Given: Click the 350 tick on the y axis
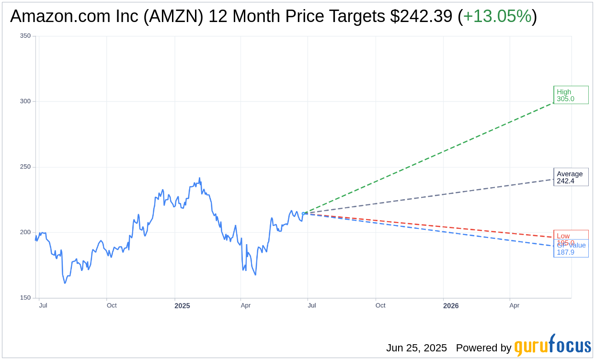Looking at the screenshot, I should click(25, 36).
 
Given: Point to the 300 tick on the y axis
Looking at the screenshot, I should click(25, 101).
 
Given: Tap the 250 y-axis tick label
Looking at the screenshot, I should click(25, 167).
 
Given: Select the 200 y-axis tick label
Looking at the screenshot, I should click(25, 233).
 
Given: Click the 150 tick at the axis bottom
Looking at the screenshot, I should click(25, 298).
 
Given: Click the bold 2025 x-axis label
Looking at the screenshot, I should click(182, 306).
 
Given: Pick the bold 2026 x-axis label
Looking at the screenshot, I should click(450, 306).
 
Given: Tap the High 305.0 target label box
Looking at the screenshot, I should click(571, 95).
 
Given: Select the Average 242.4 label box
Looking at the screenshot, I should click(571, 177).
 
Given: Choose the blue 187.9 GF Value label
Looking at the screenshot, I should click(571, 252).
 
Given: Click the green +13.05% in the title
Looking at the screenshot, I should click(497, 16).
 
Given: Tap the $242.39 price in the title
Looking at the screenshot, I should click(421, 16).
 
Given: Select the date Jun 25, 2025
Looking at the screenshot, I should click(416, 348).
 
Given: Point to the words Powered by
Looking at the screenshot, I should click(483, 348).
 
